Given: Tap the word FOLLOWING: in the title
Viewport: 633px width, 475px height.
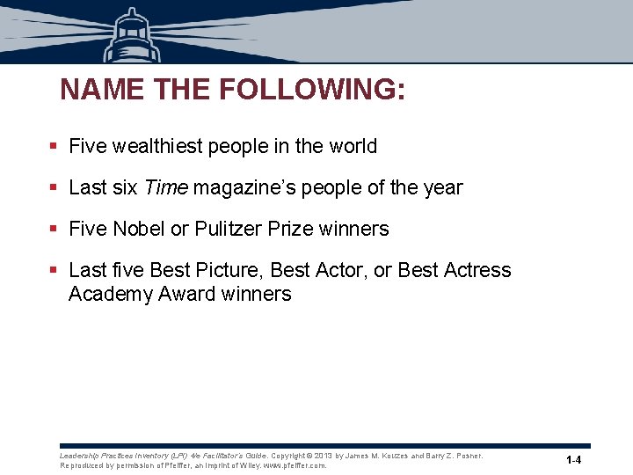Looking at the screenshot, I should [x=311, y=90].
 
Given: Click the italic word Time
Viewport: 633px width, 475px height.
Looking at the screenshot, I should [x=166, y=187].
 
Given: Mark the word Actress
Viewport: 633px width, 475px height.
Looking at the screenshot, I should [x=476, y=270].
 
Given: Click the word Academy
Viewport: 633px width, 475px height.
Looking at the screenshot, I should [x=110, y=294].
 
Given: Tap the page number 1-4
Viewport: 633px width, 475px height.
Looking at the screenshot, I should [x=573, y=461].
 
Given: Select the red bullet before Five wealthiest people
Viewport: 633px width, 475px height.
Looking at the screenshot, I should [x=55, y=147].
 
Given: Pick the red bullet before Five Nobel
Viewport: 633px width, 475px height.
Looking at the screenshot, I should [x=55, y=230].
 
